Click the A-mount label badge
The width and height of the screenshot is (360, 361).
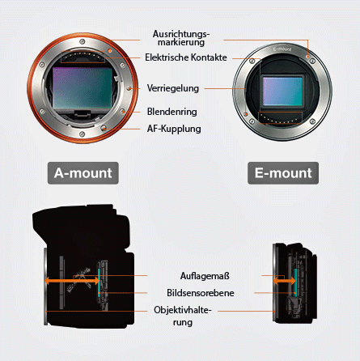(83, 173)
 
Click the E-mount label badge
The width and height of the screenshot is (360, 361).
(283, 173)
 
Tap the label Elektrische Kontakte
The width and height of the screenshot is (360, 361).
(186, 57)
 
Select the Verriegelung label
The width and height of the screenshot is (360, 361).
(173, 88)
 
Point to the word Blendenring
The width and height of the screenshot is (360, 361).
(172, 112)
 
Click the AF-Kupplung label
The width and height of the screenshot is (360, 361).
(174, 129)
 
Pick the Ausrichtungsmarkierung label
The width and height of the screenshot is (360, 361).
(181, 38)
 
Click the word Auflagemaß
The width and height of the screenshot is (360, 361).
(205, 276)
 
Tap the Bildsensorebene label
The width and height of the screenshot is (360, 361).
(201, 293)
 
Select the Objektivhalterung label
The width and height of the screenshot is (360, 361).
(183, 316)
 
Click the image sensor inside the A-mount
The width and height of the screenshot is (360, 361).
(83, 88)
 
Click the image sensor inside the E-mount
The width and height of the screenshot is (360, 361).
(282, 91)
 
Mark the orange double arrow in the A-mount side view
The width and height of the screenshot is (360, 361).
(72, 281)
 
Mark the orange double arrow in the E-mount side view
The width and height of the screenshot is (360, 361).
(284, 281)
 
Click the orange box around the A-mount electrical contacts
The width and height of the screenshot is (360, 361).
(83, 51)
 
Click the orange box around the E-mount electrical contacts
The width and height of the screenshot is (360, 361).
(280, 113)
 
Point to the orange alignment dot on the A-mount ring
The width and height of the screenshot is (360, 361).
(109, 50)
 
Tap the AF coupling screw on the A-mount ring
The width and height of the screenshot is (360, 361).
(104, 128)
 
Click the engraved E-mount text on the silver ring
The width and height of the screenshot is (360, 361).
(282, 49)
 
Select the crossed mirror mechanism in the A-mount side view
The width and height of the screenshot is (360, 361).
(78, 280)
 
